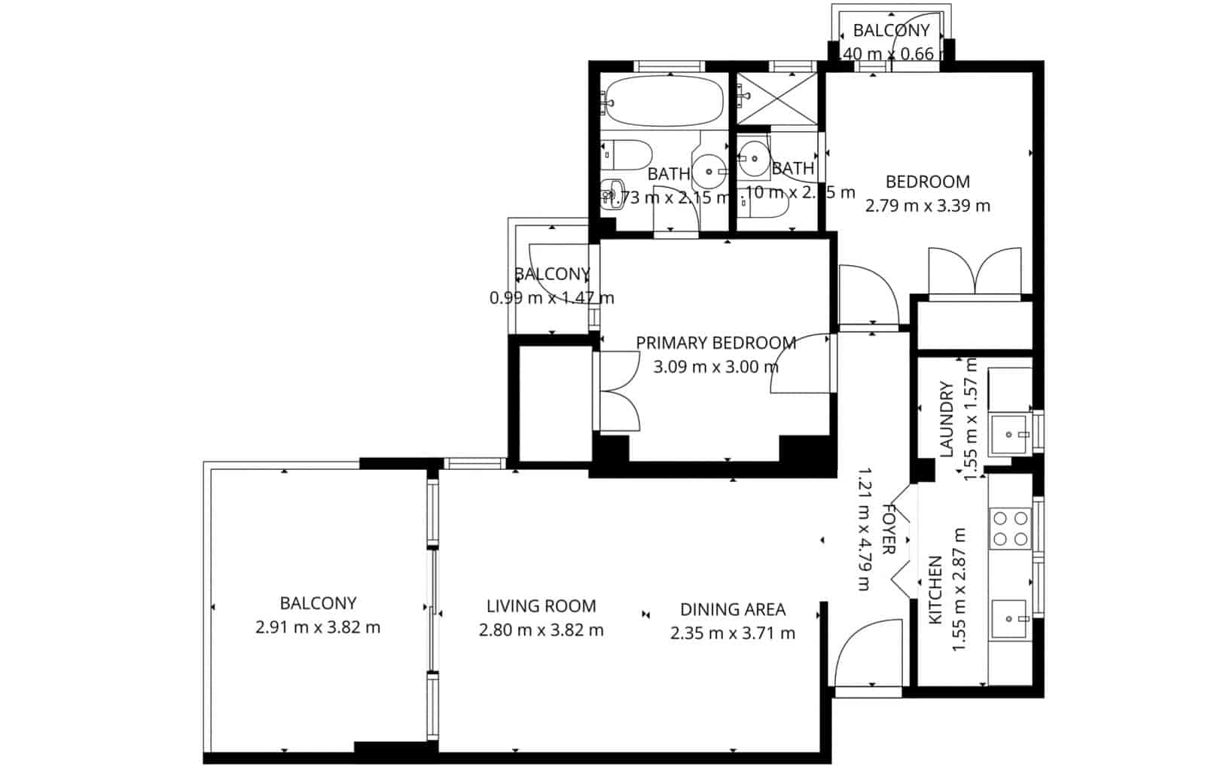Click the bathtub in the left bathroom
coord(664,101)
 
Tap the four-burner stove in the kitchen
coord(1010,528)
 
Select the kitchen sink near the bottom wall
coord(1010,619)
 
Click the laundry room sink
coord(1009,435)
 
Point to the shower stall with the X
coord(776,99)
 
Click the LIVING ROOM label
coord(541,606)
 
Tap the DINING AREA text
coord(732,609)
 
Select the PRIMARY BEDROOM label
coord(715,343)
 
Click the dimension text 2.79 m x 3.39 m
coord(927,206)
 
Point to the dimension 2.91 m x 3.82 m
coord(318,627)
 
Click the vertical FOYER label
coord(889,529)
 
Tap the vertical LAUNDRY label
coord(947,419)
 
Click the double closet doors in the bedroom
coord(976,271)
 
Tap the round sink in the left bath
coord(709,172)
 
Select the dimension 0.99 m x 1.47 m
coord(551,298)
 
